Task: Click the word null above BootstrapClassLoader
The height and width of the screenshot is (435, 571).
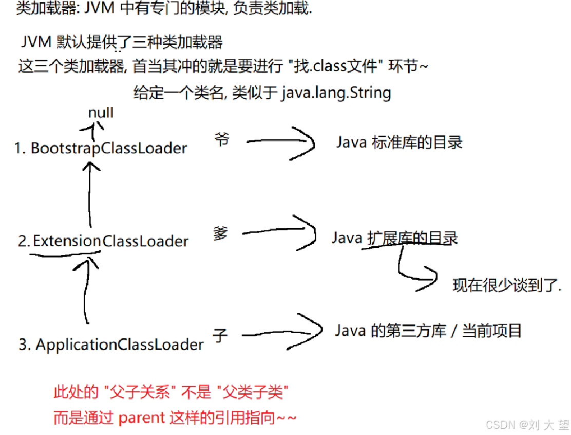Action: click(x=101, y=113)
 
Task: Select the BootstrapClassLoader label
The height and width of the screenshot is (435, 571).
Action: click(x=101, y=148)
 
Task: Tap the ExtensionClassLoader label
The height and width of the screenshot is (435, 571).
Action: click(x=103, y=241)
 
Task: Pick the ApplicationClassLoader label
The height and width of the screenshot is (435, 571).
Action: click(x=111, y=344)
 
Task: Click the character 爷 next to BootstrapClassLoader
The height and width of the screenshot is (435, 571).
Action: click(x=222, y=139)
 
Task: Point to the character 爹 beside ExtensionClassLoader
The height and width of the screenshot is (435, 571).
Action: click(x=220, y=233)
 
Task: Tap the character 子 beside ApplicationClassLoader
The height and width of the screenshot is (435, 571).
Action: click(x=220, y=336)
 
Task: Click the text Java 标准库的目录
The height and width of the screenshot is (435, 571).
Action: click(x=399, y=142)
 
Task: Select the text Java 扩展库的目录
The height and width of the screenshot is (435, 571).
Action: click(x=394, y=238)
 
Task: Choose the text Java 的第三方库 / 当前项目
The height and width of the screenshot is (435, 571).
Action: click(x=428, y=330)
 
